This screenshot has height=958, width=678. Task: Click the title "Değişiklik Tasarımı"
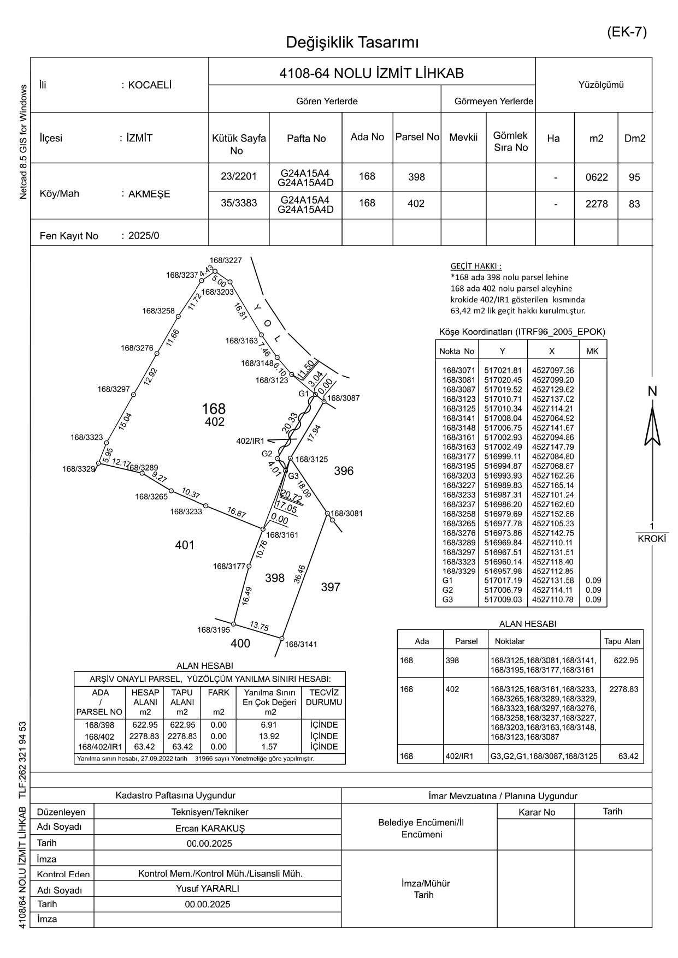click(x=352, y=43)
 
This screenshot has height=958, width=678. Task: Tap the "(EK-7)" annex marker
click(x=627, y=32)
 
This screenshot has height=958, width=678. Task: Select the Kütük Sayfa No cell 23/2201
click(x=239, y=176)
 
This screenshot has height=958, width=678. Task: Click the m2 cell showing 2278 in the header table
click(x=596, y=204)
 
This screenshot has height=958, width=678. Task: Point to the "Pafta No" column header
click(x=306, y=138)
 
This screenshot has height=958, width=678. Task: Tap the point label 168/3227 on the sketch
click(x=226, y=261)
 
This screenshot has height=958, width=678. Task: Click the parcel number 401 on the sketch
click(x=185, y=545)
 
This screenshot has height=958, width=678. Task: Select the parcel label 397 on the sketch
click(x=331, y=587)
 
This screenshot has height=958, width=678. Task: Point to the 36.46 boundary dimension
click(x=299, y=574)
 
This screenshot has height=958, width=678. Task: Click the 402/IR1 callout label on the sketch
click(x=250, y=441)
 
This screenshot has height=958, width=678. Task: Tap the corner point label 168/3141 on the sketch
click(x=301, y=644)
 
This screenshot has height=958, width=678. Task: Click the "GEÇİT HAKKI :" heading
click(x=476, y=266)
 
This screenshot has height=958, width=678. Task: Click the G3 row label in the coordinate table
click(x=448, y=599)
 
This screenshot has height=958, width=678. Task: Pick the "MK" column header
click(x=592, y=351)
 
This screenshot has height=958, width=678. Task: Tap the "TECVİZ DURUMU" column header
click(x=324, y=698)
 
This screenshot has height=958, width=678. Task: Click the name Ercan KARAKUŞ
click(x=210, y=828)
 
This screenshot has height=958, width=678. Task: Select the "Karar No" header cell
click(x=536, y=812)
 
